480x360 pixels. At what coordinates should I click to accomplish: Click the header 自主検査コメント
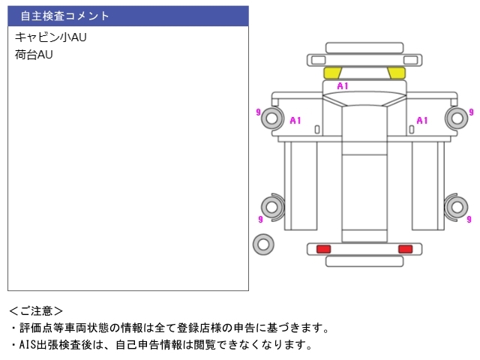pos(65,16)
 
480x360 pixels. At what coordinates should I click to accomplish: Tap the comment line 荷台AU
pos(34,55)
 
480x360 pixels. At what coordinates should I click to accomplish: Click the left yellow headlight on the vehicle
pos(332,73)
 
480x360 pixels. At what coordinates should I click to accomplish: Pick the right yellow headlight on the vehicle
pos(396,73)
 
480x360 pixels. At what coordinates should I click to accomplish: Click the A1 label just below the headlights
pos(342,86)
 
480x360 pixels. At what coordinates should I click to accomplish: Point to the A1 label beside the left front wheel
pos(295,120)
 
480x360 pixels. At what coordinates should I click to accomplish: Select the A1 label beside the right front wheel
pos(422,120)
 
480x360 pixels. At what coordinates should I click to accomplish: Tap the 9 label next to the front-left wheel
pos(259,112)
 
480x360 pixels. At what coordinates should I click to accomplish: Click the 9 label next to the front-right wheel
pos(472,112)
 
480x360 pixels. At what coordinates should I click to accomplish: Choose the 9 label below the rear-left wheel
pos(259,220)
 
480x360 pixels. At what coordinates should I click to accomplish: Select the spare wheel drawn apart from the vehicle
pos(263,244)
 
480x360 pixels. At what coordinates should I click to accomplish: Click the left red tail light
pos(324,248)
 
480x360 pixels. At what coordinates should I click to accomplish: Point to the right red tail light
pos(405,248)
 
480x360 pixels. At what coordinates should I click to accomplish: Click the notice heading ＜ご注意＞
pos(36,310)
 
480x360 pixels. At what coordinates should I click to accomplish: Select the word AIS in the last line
pos(26,345)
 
